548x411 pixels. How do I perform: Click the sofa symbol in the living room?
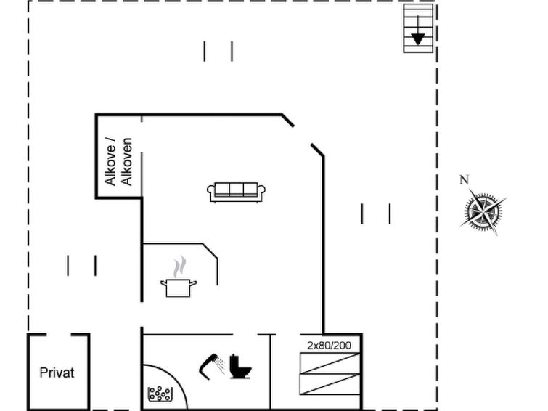tap(236, 192)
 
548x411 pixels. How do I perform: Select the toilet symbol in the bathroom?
tap(240, 367)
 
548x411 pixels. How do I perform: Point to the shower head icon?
tap(208, 366)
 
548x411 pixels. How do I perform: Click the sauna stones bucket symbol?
tap(160, 394)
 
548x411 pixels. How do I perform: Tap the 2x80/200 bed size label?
tap(330, 346)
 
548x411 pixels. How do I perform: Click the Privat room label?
tap(57, 373)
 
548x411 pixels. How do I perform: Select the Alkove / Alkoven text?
tap(118, 162)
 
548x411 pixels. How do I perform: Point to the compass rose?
tap(483, 211)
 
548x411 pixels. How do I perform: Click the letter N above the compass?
tap(464, 180)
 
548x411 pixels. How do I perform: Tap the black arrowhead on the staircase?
tap(418, 39)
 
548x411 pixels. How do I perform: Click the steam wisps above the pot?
tap(179, 267)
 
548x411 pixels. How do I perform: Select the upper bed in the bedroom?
tap(330, 363)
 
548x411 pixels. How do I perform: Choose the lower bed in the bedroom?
tap(330, 384)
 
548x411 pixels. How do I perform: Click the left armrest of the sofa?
tap(210, 193)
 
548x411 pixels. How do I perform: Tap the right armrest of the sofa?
tap(261, 193)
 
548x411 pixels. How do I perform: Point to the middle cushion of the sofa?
tap(236, 190)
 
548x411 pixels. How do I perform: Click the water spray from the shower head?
tap(221, 365)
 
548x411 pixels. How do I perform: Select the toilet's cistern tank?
tap(234, 361)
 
